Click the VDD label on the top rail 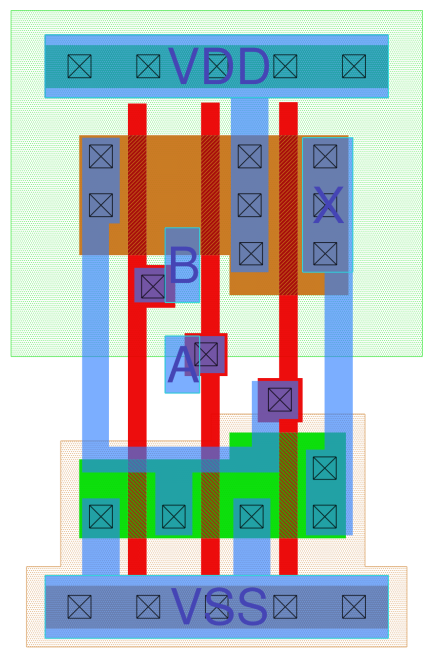218,67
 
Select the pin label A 182,365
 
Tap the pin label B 183,266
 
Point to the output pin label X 328,206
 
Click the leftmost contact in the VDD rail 79,66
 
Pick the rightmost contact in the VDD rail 354,66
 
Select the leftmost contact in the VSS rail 79,607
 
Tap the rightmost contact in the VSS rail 354,607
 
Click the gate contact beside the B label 153,287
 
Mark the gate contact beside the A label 206,354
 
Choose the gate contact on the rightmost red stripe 280,400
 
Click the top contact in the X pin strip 325,156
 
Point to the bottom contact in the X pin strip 325,253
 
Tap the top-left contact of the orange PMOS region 101,156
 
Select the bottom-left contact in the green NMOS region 101,517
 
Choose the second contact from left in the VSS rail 148,607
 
